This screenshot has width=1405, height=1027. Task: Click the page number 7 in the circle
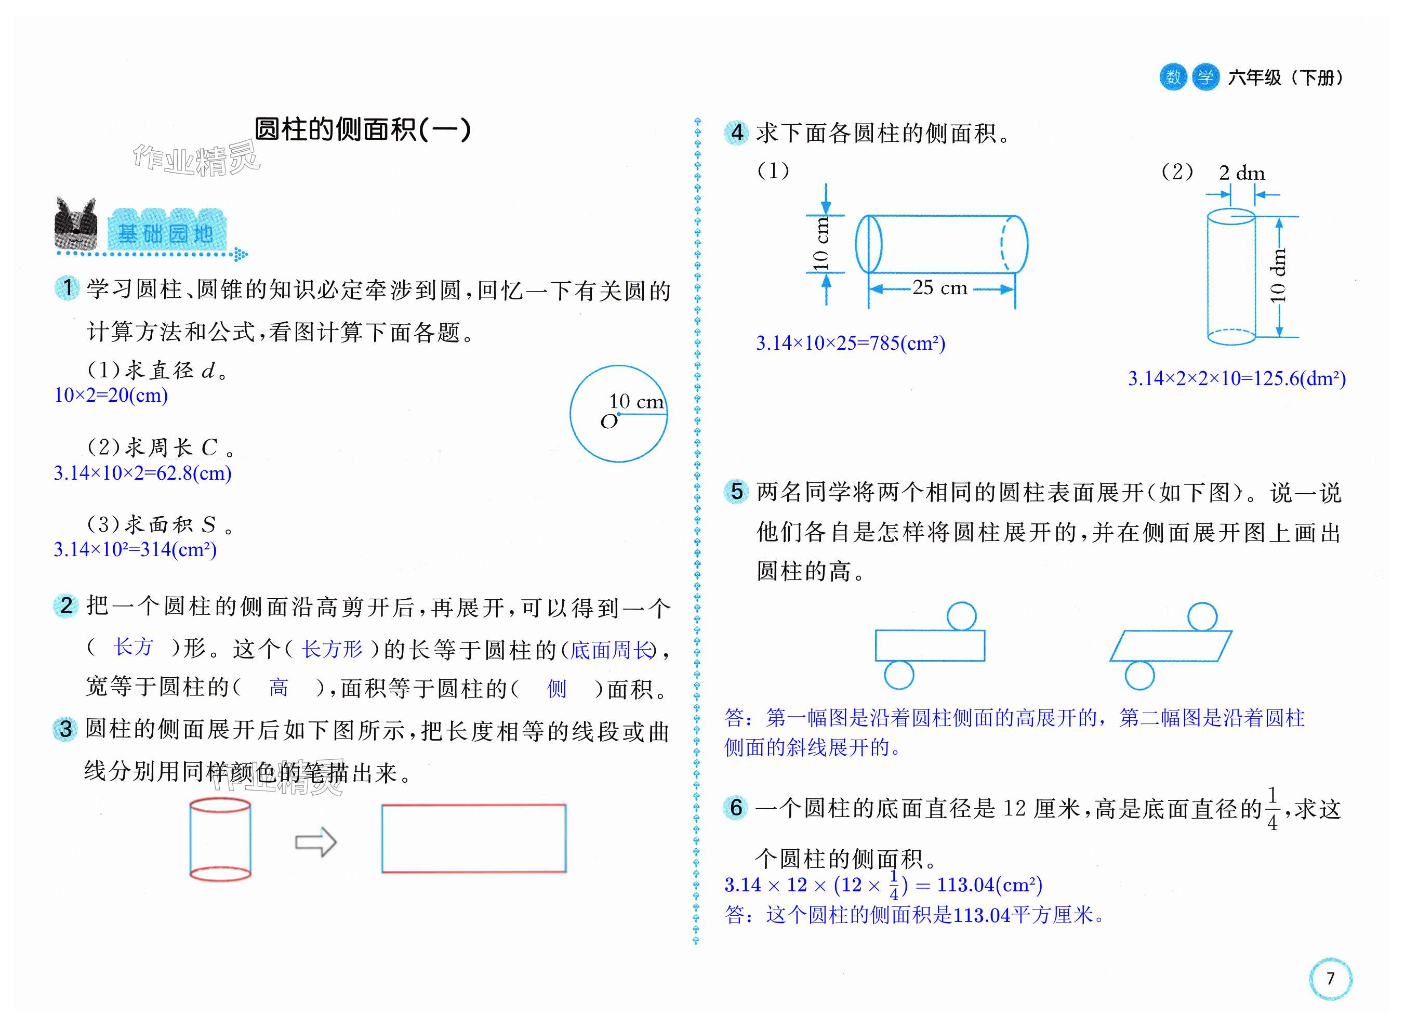1330,979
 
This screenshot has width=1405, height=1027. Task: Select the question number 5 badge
736,491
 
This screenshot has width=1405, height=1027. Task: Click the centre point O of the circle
618,414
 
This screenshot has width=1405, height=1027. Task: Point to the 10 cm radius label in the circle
635,402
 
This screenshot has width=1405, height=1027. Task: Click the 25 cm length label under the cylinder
939,288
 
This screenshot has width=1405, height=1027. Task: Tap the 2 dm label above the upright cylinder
1241,173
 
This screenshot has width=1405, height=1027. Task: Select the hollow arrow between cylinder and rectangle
316,842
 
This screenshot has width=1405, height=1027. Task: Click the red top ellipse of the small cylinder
220,806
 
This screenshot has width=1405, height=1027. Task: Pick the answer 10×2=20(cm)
111,396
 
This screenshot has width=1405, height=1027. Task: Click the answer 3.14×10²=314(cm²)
135,549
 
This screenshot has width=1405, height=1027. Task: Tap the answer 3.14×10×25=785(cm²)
850,343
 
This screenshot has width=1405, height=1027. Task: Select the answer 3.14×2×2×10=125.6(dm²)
1237,378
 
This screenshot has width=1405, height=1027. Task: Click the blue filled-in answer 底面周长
612,650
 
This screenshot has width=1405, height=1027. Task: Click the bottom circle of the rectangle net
898,675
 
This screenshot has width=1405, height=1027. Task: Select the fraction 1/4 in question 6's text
1271,809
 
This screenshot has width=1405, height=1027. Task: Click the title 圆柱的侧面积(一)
363,130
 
